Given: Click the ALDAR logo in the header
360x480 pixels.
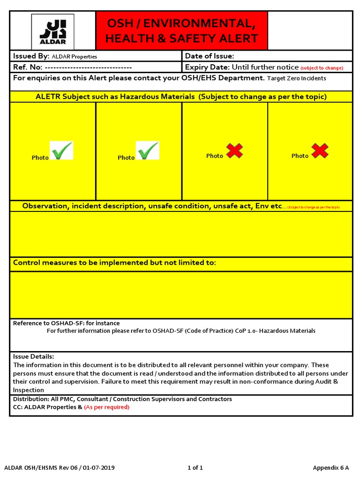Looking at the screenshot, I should click(52, 31).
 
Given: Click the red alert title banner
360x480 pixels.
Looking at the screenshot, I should click(181, 30).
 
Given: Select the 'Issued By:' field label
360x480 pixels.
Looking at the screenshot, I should click(31, 56).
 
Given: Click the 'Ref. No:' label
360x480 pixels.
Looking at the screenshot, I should click(28, 67).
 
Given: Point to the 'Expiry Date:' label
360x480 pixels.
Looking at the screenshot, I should click(207, 67).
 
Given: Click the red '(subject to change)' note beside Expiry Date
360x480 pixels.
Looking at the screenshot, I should click(322, 68).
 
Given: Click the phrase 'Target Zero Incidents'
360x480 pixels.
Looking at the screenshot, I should click(296, 78).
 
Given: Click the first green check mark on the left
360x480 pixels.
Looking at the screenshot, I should click(62, 151).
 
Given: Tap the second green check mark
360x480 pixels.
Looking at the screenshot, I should click(148, 151).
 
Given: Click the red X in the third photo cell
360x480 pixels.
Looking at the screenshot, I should click(234, 151).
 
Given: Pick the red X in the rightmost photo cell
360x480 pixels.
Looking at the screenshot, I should click(320, 151).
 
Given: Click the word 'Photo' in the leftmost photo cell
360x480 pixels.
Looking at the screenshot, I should click(40, 158).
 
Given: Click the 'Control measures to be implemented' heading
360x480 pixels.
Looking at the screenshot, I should click(114, 262).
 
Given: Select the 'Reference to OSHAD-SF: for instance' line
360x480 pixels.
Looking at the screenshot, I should click(66, 323).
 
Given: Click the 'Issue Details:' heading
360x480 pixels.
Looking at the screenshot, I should click(33, 357).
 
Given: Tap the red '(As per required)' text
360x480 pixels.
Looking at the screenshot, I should click(106, 407).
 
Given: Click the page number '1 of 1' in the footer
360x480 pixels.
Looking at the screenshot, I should click(195, 468).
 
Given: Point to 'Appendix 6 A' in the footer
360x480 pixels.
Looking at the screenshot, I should click(331, 468).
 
